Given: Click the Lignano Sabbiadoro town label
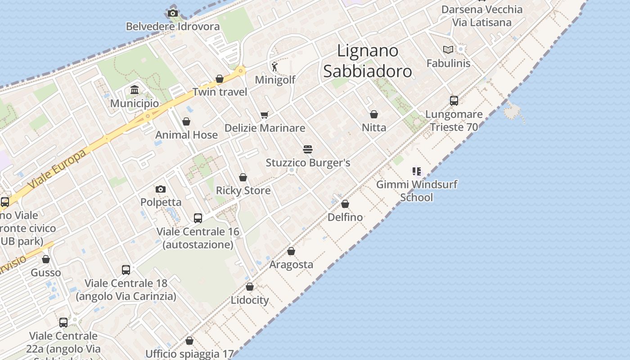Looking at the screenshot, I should (367, 61).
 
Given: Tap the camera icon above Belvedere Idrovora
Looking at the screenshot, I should (173, 13).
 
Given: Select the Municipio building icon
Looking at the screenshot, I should (135, 90).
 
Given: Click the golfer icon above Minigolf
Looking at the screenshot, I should (274, 67).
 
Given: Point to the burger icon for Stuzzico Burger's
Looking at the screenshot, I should (308, 149).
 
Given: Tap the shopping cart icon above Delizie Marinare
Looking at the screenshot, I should (264, 115).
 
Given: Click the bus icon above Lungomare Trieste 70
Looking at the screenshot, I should (454, 101).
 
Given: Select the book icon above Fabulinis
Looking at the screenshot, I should (448, 49).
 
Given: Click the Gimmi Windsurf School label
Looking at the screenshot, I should (417, 191).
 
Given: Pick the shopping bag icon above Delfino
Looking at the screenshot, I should (345, 204).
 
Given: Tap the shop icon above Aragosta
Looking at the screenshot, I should (291, 251).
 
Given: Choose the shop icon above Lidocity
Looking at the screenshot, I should (250, 287).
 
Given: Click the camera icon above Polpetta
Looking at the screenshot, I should (161, 189).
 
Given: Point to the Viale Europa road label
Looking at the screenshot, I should (56, 169).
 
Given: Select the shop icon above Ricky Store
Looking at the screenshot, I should (243, 177).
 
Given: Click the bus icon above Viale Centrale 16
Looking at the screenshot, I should (198, 218).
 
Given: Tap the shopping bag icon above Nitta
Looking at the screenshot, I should (374, 114).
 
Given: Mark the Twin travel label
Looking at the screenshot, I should (220, 92).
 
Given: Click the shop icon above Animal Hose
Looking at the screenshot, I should (186, 121).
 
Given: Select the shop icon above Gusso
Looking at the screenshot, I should (46, 259).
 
